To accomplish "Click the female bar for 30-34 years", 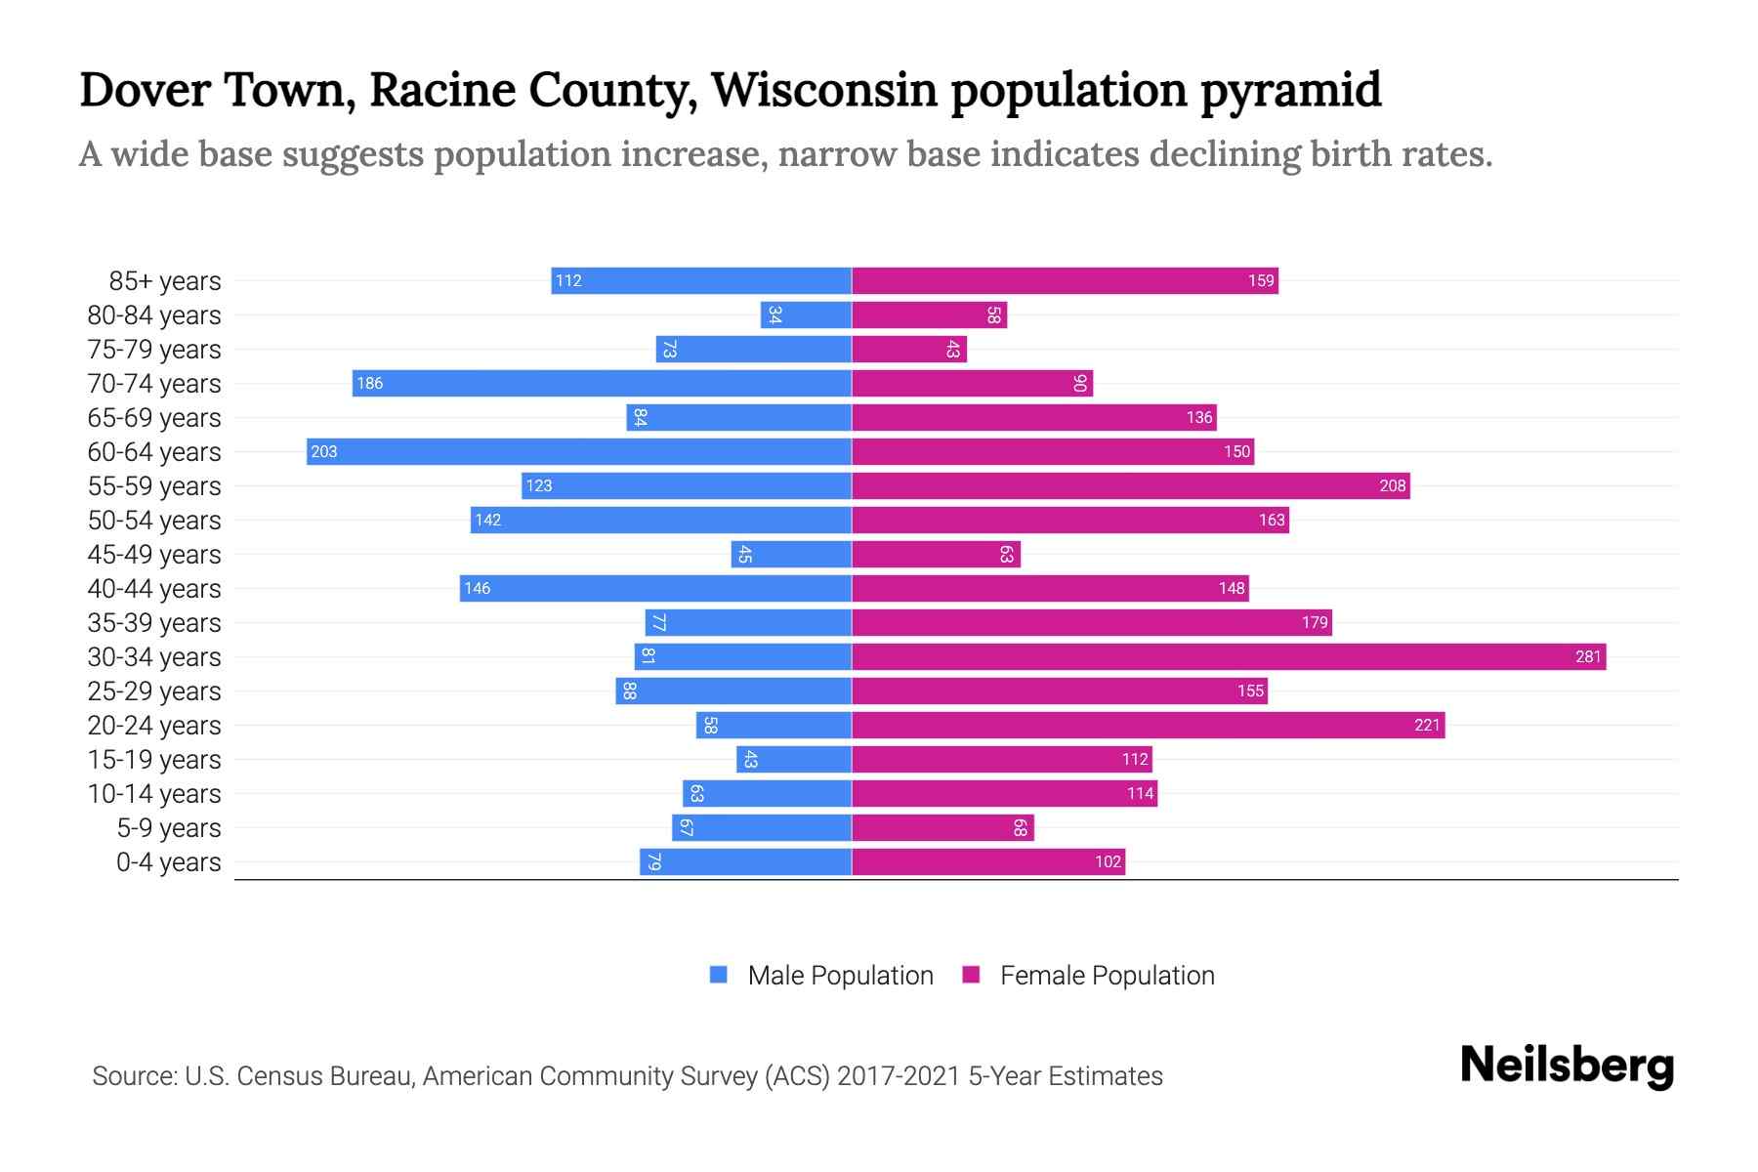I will click(1229, 656).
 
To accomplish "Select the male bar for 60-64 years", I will click(579, 451).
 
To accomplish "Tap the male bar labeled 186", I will click(602, 383).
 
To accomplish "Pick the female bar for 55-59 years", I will click(1131, 485).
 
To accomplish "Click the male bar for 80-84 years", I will click(806, 314).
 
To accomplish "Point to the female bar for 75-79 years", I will click(909, 349).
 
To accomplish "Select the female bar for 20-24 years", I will click(1148, 725).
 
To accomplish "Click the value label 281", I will click(1588, 656).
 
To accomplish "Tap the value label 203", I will click(324, 451).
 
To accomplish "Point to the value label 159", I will click(1261, 280).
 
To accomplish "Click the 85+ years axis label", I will click(165, 280).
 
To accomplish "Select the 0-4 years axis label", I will click(168, 861).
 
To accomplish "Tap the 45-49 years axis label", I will click(154, 554).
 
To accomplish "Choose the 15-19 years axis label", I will click(154, 759).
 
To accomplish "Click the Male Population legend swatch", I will click(719, 975).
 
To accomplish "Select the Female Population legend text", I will click(1107, 975).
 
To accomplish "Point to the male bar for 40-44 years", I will click(655, 588).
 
